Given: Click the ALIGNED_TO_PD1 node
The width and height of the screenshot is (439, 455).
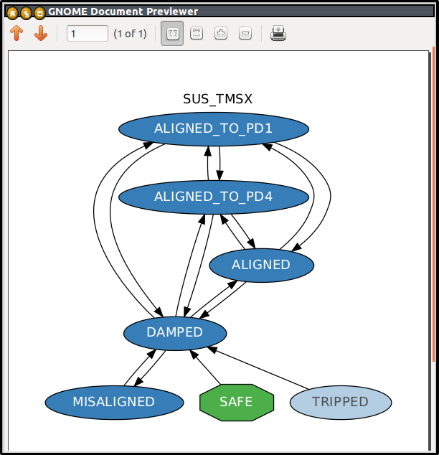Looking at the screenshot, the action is click(x=214, y=129).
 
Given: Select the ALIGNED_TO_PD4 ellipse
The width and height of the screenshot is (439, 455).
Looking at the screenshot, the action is click(x=214, y=197).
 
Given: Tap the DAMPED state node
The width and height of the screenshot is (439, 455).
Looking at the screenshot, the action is click(x=175, y=333).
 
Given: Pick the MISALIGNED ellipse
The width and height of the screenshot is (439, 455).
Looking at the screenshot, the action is click(x=114, y=402).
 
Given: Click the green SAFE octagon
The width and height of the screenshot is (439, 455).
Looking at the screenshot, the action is click(x=237, y=402).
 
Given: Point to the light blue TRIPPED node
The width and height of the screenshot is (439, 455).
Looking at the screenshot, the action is click(x=341, y=402).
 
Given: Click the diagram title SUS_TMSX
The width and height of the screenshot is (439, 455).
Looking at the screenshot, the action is click(x=217, y=99).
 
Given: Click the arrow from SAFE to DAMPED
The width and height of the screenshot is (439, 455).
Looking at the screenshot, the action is click(x=205, y=367).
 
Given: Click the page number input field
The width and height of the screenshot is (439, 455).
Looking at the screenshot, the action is click(x=88, y=34).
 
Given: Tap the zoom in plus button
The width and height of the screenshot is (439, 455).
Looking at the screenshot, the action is click(x=221, y=33).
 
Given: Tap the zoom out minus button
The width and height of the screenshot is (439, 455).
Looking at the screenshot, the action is click(x=245, y=33).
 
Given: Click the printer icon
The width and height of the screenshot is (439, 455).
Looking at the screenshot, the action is click(x=278, y=33).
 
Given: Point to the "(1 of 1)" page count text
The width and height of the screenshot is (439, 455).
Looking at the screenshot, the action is click(x=130, y=34).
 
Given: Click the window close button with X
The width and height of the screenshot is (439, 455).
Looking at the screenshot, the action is click(x=12, y=13).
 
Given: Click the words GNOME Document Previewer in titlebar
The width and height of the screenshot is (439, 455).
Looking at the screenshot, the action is click(x=123, y=11).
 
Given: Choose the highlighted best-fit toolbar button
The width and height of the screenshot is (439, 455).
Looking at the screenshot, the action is click(x=172, y=33).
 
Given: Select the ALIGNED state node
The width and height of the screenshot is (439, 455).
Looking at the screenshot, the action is click(x=261, y=266).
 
